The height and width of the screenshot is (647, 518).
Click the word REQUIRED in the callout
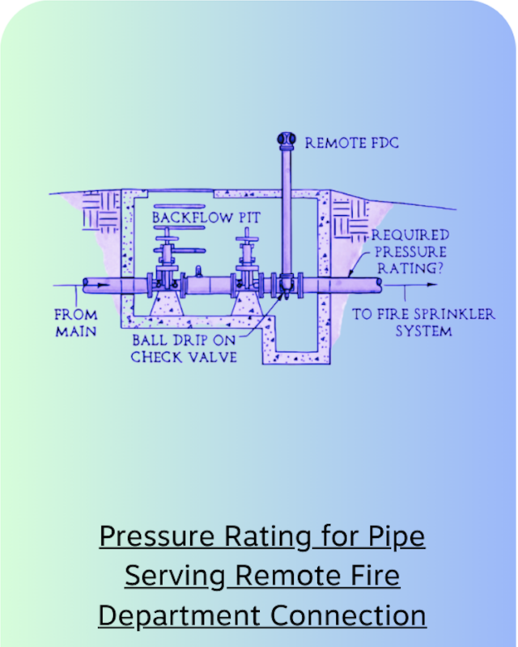point(410,235)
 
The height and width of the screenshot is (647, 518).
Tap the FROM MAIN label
point(76,323)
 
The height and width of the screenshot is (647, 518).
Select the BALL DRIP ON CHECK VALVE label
point(185,349)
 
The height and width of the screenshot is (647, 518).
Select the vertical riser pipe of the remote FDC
point(285,210)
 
